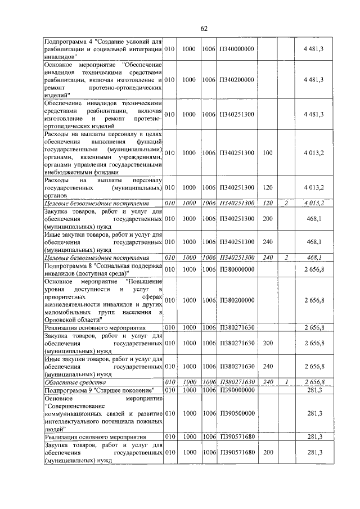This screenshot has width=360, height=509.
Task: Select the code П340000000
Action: click(237, 49)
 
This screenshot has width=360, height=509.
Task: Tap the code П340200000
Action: click(237, 80)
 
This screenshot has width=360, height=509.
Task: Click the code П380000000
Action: click(237, 269)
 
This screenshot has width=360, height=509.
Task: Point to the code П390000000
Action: click(237, 390)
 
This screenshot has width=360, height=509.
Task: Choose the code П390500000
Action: click(237, 413)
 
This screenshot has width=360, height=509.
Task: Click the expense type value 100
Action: click(267, 152)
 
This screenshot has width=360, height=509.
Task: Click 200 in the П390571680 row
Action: click(267, 452)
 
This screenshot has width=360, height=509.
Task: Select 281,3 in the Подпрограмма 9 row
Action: click(314, 390)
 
